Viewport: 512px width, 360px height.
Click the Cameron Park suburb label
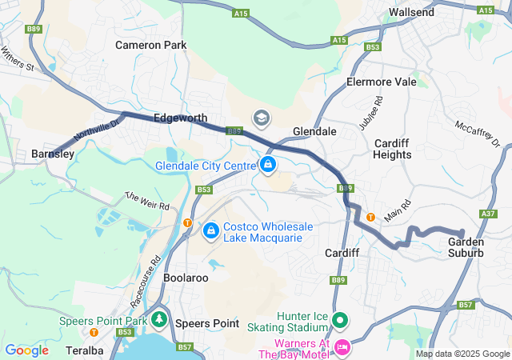(151, 45)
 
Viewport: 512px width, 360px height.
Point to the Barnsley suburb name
(53, 154)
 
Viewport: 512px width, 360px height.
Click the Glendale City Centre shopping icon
(268, 166)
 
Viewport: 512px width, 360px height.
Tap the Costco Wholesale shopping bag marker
(210, 231)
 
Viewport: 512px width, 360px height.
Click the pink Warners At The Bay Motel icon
(342, 347)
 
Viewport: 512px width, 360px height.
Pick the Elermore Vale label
(382, 82)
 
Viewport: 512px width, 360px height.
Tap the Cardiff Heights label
(392, 149)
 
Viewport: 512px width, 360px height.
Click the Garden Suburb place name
(466, 247)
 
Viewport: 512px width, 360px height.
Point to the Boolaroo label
(186, 278)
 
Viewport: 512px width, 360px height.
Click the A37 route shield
(489, 214)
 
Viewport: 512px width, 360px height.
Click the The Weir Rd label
(147, 200)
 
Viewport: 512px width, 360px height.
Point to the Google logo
(27, 350)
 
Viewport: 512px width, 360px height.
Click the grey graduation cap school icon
(261, 118)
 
